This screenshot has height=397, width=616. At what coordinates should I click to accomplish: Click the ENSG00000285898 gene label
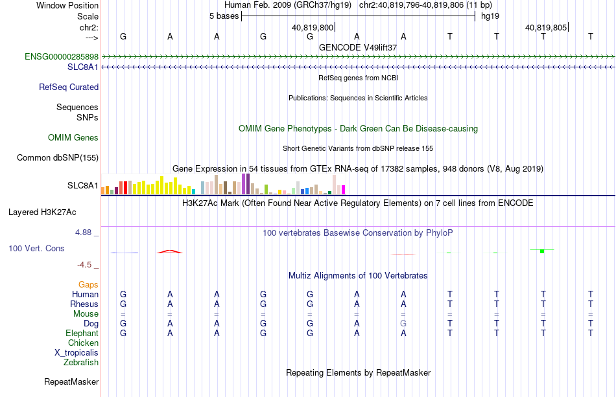(62, 56)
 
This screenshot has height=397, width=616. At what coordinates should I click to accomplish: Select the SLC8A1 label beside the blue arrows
(82, 67)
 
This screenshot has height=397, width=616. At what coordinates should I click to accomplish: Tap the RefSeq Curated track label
(68, 87)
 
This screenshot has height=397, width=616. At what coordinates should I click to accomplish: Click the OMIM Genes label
(73, 138)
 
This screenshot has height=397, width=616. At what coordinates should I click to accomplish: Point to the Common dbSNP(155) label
(57, 158)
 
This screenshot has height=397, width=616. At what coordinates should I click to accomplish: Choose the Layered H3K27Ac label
(42, 212)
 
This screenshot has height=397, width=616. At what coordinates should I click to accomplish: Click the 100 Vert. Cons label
(36, 248)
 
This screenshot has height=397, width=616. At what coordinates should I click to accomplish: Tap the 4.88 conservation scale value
(83, 233)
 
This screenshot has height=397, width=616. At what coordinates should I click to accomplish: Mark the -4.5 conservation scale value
(84, 265)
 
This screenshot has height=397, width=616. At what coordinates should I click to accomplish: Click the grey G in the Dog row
(403, 324)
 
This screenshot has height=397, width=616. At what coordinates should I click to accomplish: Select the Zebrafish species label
(81, 363)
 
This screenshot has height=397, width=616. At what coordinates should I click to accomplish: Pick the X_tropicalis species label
(77, 353)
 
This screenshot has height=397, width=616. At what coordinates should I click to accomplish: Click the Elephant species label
(82, 333)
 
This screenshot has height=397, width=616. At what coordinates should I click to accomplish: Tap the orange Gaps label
(88, 284)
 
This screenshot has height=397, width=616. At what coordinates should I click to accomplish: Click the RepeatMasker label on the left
(71, 381)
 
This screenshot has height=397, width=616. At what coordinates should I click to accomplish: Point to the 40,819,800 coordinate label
(313, 27)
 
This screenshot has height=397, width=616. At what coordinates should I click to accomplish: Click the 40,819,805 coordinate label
(546, 27)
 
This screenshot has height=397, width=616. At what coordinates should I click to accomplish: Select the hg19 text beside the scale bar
(490, 16)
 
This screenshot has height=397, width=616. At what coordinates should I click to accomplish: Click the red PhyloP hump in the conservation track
(170, 251)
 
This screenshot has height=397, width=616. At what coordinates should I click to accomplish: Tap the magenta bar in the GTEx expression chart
(343, 190)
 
